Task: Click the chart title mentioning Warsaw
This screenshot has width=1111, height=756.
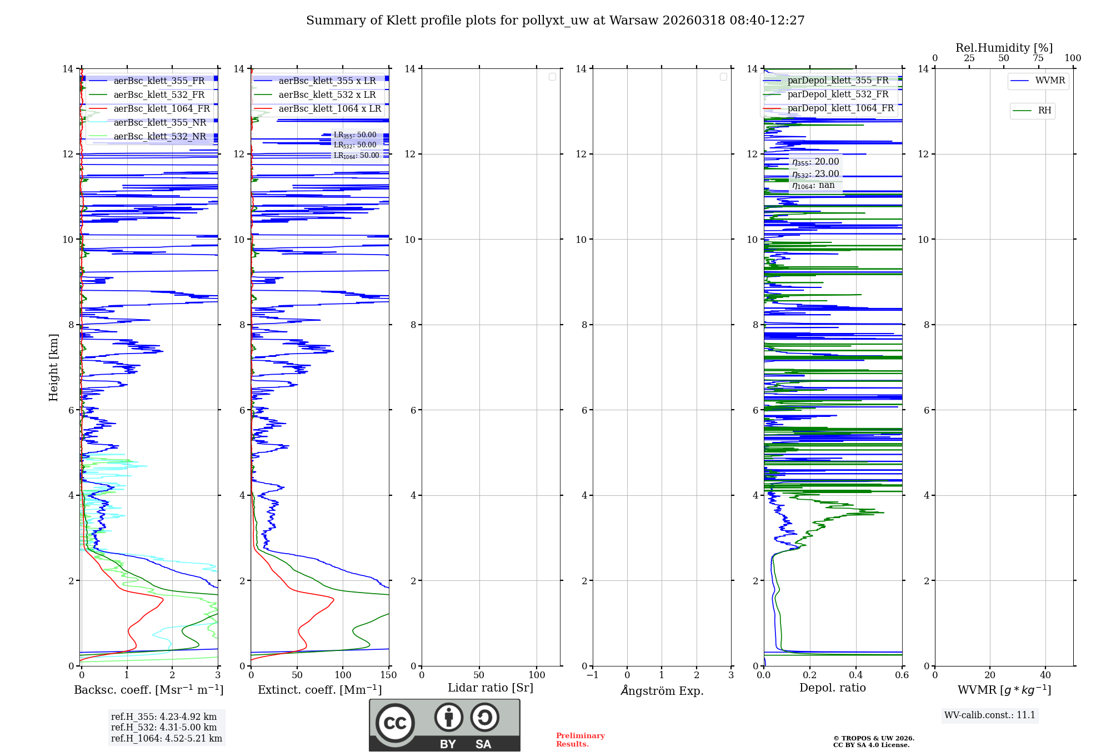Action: [555, 21]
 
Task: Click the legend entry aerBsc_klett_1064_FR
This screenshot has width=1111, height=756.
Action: [161, 109]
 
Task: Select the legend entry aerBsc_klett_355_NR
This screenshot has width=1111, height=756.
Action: [159, 123]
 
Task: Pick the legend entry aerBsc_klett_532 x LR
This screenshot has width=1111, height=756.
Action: [327, 95]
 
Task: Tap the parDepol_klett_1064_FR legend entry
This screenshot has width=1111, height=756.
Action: [840, 108]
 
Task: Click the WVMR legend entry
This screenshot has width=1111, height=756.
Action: [1049, 81]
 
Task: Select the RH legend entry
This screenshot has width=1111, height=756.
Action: [1044, 111]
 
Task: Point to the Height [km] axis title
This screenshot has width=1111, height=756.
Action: [53, 367]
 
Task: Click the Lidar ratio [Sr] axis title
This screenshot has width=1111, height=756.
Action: [490, 688]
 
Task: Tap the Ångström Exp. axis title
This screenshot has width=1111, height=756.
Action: [662, 691]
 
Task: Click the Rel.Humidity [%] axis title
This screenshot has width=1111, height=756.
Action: [1004, 48]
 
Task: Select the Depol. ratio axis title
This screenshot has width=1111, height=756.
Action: [832, 688]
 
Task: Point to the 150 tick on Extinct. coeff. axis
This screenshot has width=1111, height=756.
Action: [388, 675]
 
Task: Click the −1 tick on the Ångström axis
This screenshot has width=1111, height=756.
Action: [592, 675]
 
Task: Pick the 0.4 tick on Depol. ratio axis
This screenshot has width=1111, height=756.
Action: [855, 675]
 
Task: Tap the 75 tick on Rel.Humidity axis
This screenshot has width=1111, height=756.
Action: [1038, 58]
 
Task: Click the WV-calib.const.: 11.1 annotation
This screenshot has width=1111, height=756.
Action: [989, 715]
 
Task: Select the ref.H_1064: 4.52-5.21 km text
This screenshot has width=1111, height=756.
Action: [166, 739]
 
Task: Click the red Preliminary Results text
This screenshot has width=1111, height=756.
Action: [580, 740]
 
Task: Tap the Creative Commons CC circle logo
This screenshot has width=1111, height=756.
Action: [395, 723]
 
